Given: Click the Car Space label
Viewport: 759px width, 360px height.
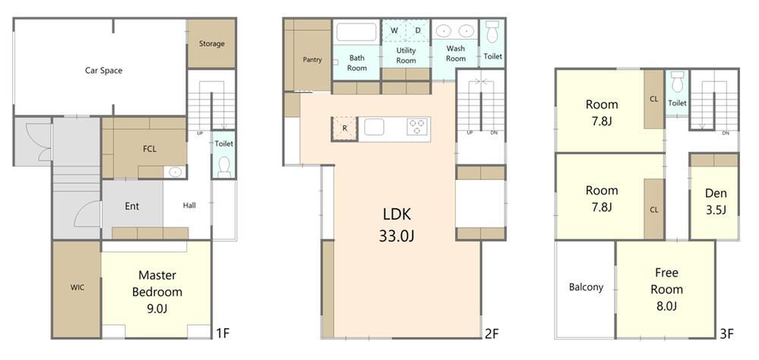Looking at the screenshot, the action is pos(103,71).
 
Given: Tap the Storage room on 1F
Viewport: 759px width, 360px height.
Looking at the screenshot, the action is pos(211,43).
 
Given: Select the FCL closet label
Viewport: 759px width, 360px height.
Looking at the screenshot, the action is pos(150,149).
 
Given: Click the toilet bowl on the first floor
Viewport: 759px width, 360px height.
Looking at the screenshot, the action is pos(223,167).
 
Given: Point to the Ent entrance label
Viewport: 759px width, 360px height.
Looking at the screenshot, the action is pos(131,206).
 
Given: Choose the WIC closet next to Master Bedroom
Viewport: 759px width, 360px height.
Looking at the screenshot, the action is pos(77,289).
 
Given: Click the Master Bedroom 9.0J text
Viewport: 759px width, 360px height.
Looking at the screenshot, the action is pos(157,292).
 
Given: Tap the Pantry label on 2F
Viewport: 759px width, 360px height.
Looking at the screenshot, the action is pos(312,60).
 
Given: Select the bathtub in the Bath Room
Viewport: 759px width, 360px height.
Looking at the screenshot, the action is pos(357,33).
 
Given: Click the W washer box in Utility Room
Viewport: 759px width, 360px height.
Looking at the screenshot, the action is pos(394,30).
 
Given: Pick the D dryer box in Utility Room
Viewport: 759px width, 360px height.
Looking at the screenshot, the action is pos(418,30).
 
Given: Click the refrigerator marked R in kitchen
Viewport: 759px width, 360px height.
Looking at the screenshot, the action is pos(344,128).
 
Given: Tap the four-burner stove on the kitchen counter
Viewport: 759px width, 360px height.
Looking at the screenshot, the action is pos(418,126).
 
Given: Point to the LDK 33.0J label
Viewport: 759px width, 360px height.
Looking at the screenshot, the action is pos(396,225).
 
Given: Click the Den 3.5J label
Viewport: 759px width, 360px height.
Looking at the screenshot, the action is pos(716,201).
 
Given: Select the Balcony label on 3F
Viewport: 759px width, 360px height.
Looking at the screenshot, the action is pos(586,287).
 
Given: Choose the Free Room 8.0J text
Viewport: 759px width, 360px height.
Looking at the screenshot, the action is pos(666,289).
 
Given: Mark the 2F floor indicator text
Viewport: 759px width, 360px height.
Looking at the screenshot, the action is pos(492,334).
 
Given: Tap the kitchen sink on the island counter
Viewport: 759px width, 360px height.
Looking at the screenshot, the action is pos(374,128).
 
